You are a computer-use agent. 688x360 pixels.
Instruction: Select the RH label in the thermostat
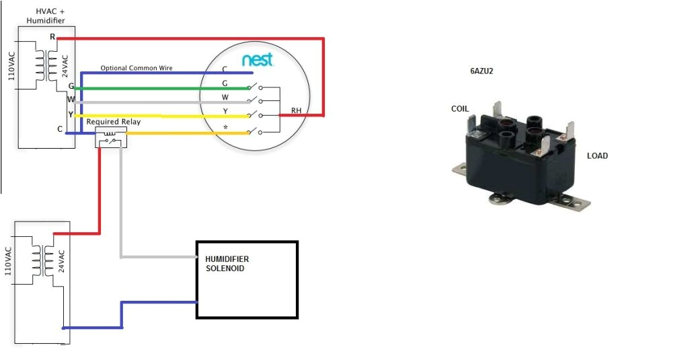[296, 110]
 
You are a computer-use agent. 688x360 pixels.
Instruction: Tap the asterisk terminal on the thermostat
[225, 127]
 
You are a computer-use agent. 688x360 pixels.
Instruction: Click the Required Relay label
[113, 122]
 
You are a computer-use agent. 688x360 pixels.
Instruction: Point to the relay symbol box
[110, 137]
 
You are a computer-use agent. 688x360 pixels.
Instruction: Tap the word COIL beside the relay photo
[460, 109]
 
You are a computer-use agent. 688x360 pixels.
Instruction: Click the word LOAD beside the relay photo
[597, 155]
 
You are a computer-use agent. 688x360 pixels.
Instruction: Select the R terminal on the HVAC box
[52, 37]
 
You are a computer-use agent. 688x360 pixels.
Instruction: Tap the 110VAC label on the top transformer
[11, 65]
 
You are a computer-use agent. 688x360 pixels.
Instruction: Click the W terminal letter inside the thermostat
[225, 97]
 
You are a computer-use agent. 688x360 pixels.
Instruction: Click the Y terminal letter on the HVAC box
[70, 114]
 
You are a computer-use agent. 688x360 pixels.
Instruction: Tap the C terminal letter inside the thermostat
[225, 69]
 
